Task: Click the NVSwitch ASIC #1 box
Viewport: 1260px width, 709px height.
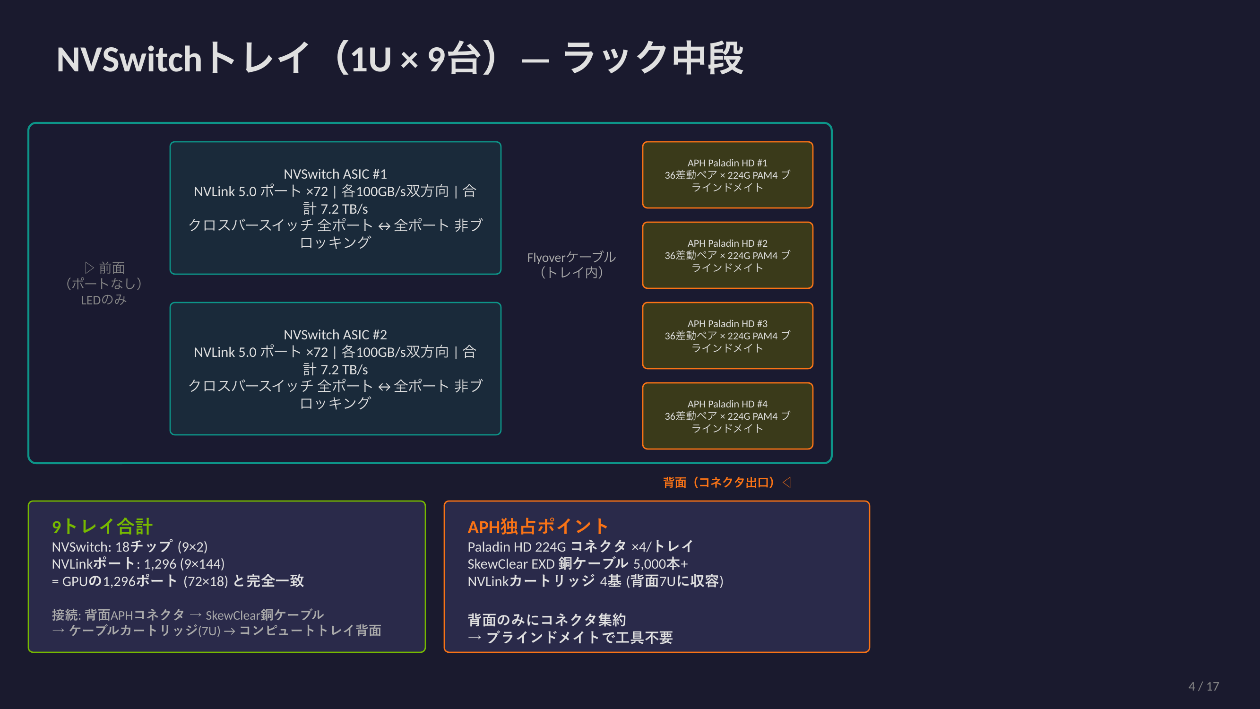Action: pos(335,208)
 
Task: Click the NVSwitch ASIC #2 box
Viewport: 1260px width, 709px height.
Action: pos(335,369)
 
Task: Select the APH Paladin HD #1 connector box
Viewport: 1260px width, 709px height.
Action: pos(727,175)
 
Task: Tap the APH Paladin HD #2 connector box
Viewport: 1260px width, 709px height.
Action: pos(727,255)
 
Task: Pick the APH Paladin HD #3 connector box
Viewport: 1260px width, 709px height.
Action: pos(727,335)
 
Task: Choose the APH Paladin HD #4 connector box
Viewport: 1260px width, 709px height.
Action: pos(727,415)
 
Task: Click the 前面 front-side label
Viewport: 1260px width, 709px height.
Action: pos(112,268)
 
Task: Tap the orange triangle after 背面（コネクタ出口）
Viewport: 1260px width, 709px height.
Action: pos(786,482)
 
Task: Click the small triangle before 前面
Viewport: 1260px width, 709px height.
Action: pos(89,268)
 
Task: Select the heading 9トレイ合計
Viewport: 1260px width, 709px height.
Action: pos(102,527)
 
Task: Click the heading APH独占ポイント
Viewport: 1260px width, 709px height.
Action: pos(537,527)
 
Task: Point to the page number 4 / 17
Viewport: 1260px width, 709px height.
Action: pos(1203,686)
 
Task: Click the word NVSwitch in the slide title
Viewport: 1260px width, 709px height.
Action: pos(129,59)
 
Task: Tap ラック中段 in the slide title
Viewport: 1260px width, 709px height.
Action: pos(653,58)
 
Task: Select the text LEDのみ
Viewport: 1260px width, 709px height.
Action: pos(104,300)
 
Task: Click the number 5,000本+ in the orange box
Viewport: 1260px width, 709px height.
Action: pos(660,564)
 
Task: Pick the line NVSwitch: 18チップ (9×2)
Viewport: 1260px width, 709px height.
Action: pos(129,546)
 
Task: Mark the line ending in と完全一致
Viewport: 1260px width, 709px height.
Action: pos(178,581)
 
